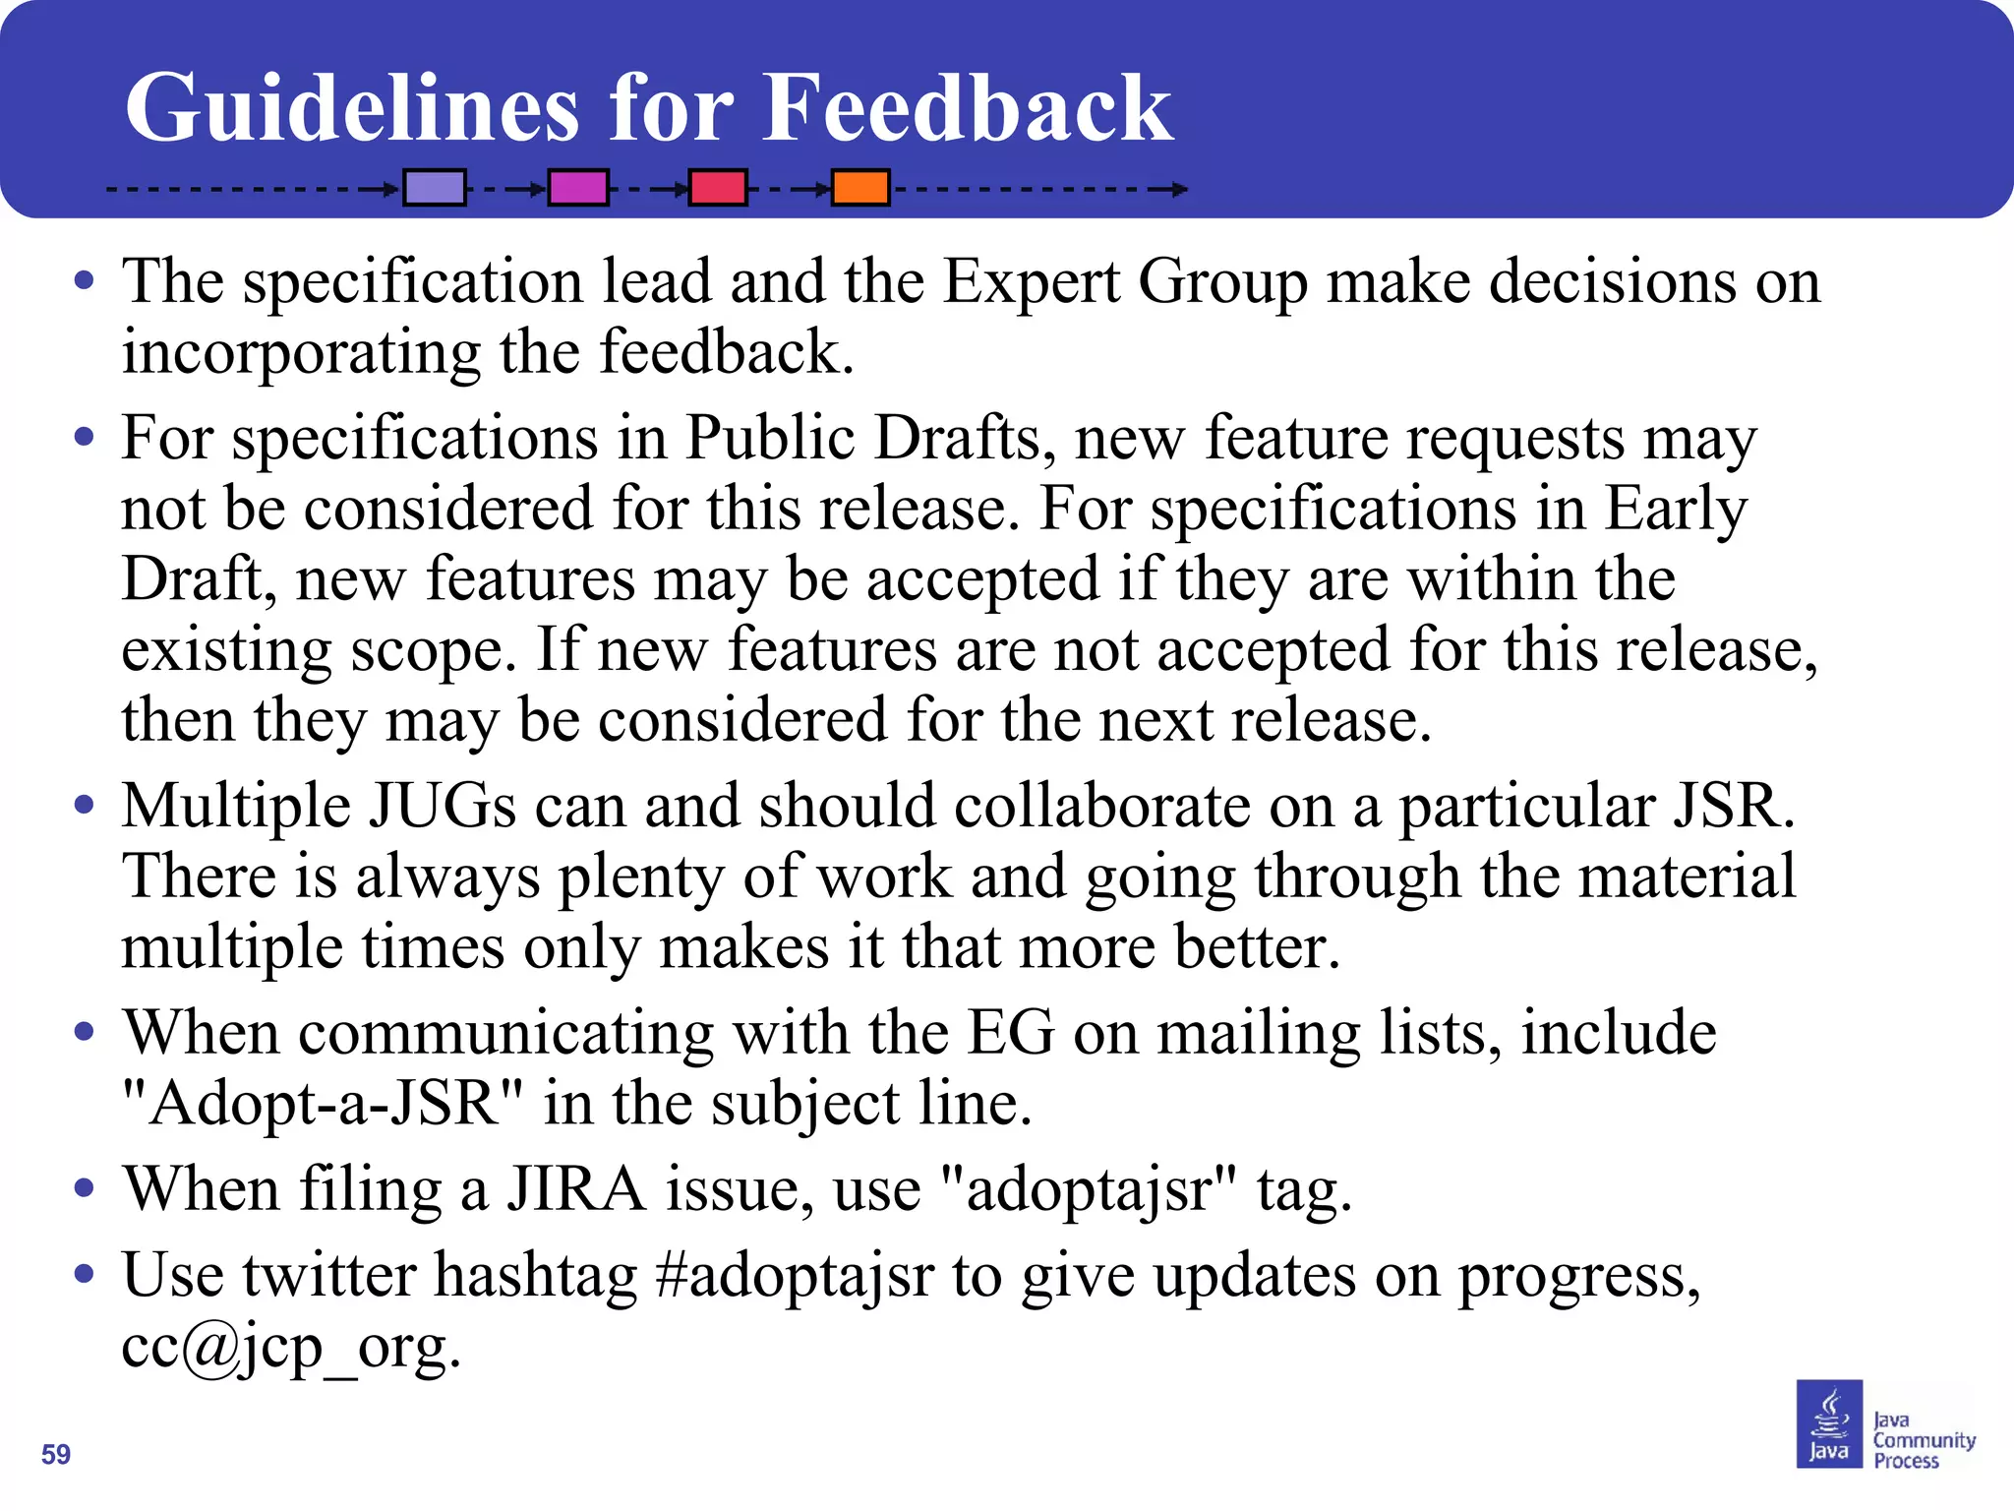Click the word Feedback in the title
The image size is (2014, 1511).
(x=968, y=108)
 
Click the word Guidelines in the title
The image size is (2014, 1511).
(x=352, y=108)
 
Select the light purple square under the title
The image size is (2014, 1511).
(x=435, y=187)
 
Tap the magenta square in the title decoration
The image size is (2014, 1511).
(x=577, y=187)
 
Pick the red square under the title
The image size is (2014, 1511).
(x=717, y=187)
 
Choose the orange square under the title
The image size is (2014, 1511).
(x=860, y=187)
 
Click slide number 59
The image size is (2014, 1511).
(x=56, y=1454)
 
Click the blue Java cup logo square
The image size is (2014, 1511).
(x=1829, y=1423)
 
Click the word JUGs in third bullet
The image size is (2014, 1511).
(x=442, y=806)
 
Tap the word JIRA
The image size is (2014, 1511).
(x=576, y=1188)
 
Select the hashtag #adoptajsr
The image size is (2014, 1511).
(x=794, y=1275)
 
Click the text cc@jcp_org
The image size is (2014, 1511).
(x=290, y=1346)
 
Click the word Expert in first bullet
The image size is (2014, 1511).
(x=1031, y=282)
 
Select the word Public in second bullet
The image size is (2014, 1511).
(x=769, y=438)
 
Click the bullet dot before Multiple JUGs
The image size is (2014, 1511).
(x=85, y=806)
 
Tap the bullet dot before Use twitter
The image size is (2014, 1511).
(x=85, y=1275)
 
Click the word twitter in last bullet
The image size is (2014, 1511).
(x=328, y=1275)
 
